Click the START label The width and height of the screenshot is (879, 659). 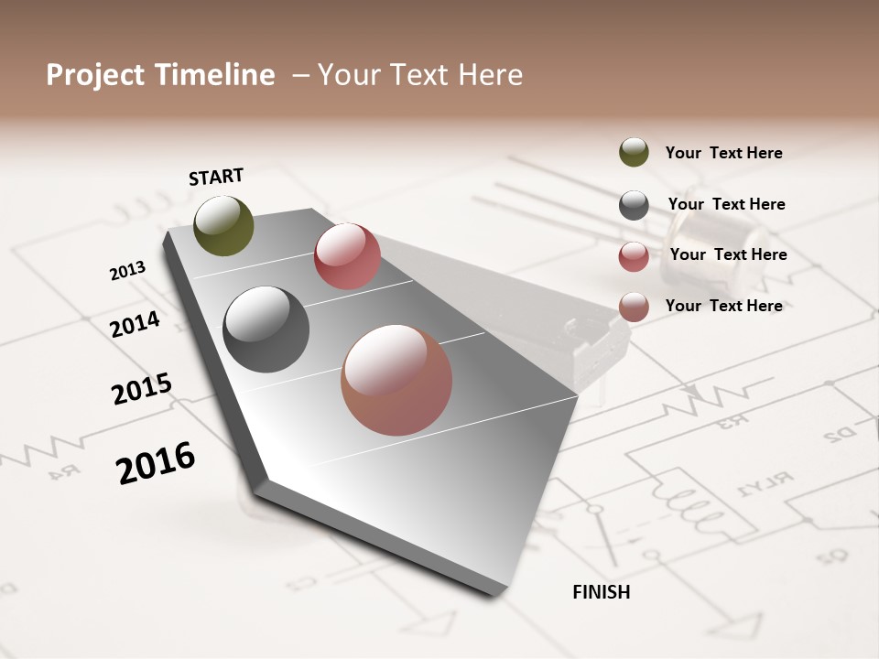point(216,176)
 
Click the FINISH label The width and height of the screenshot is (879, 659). point(601,592)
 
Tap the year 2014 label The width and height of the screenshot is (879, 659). point(136,325)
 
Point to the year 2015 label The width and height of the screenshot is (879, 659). point(142,389)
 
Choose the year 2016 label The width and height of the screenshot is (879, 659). point(156,462)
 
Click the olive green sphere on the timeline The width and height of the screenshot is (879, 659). point(224,225)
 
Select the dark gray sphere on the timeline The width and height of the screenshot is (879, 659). point(266,329)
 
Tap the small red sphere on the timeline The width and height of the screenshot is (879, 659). point(347,256)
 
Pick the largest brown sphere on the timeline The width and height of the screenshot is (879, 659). point(396,380)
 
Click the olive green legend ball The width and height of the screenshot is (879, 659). point(634,152)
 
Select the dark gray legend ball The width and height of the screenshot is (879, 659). point(634,205)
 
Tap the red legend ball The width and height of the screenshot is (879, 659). point(634,256)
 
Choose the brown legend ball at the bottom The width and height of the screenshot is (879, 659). point(634,307)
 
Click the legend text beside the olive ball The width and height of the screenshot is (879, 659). point(723,153)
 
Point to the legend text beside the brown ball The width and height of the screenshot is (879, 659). point(723,306)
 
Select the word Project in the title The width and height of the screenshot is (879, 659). point(96,75)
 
